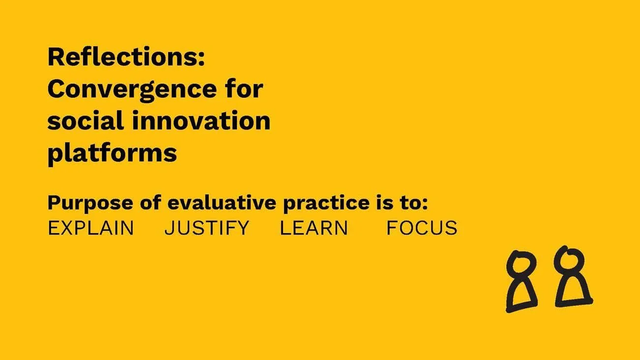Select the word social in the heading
[x=83, y=121]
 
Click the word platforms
[x=112, y=153]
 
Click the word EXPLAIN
[x=90, y=228]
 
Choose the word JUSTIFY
[x=206, y=228]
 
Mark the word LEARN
[x=314, y=228]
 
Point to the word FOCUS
[x=422, y=228]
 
